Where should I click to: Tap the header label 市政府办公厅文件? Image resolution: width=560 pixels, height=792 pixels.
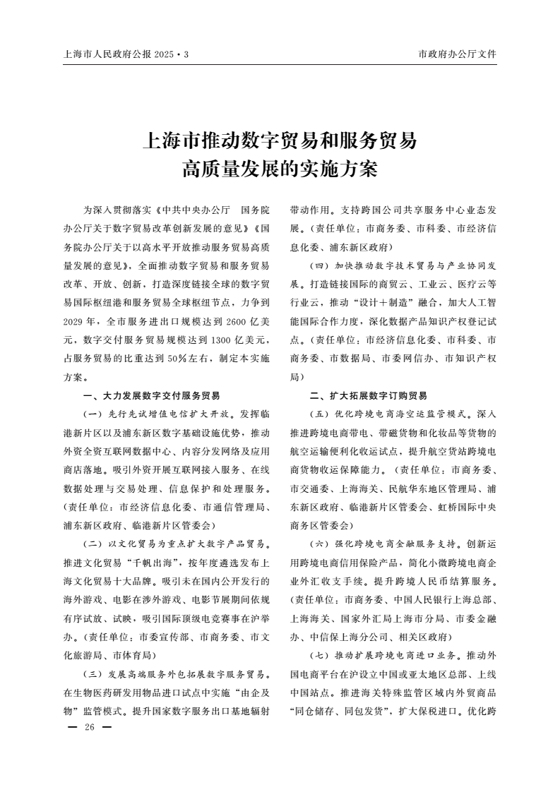(x=458, y=54)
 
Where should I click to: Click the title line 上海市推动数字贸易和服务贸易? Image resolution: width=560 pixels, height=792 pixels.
(x=280, y=140)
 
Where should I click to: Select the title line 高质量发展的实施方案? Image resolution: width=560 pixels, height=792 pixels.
(x=280, y=169)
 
